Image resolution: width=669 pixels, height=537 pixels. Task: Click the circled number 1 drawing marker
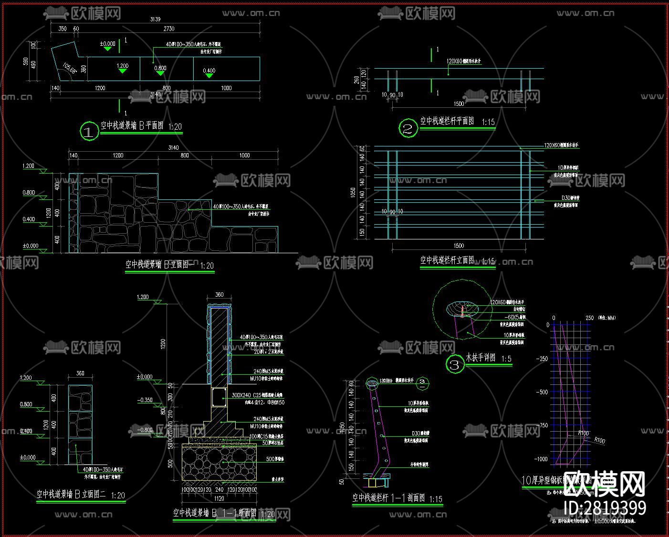(89, 131)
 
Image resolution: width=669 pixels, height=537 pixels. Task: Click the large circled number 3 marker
(455, 365)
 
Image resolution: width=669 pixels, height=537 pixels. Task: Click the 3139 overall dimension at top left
(155, 20)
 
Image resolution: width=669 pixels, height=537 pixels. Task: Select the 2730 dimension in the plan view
(169, 29)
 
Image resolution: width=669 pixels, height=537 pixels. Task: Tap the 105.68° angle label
(70, 69)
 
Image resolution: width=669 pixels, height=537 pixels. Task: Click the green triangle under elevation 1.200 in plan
(122, 71)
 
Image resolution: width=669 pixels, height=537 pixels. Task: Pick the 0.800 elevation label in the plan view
(160, 68)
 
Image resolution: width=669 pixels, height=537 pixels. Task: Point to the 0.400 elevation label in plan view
(209, 71)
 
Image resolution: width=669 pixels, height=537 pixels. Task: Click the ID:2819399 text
(605, 508)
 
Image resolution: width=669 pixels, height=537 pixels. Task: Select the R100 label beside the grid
(583, 433)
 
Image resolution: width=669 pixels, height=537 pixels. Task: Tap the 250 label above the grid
(589, 318)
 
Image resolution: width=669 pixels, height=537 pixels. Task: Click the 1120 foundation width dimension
(219, 499)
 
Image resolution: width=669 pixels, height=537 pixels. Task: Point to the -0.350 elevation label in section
(145, 400)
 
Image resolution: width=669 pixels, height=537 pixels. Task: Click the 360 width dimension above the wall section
(219, 295)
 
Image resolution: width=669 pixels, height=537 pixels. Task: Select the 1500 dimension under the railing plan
(459, 103)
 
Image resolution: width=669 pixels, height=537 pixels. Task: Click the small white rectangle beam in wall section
(219, 397)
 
